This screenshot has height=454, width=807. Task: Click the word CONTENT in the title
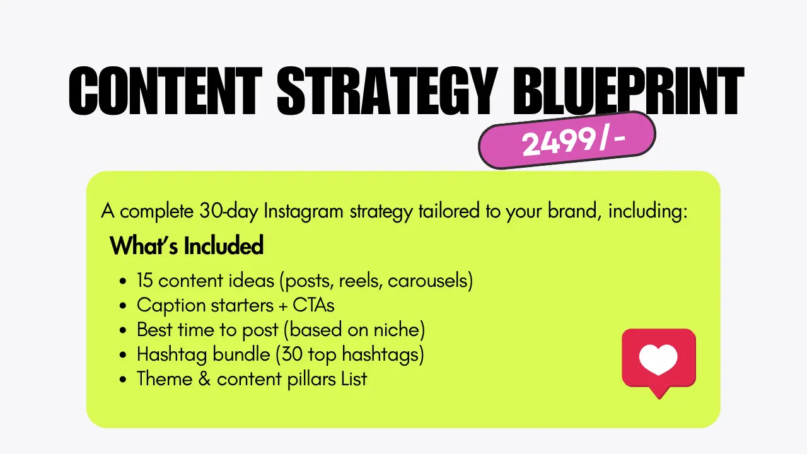click(x=165, y=91)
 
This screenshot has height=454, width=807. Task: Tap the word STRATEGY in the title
click(x=388, y=91)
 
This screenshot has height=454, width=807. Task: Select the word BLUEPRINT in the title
click(x=629, y=91)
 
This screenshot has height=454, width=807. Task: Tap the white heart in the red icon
click(x=659, y=359)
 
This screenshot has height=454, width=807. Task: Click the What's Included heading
click(x=187, y=246)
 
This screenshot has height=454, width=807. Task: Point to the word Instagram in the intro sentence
click(x=303, y=212)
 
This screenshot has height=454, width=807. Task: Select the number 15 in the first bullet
click(x=144, y=281)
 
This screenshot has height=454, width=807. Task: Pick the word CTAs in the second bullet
click(x=313, y=305)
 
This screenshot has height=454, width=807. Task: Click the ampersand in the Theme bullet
click(x=204, y=379)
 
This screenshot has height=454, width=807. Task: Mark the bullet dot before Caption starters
click(x=123, y=306)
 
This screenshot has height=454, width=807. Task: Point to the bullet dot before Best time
click(x=123, y=330)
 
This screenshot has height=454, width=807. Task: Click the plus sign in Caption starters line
click(x=283, y=306)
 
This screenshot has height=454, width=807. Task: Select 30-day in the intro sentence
click(x=229, y=212)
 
